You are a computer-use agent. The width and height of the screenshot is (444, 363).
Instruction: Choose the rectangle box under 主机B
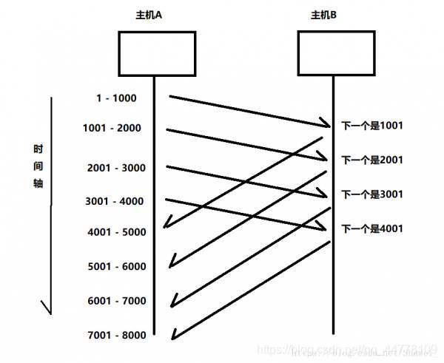(334, 52)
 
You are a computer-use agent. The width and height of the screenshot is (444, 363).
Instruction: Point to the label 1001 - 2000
(112, 128)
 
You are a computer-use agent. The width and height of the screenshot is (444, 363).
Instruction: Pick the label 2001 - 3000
(115, 168)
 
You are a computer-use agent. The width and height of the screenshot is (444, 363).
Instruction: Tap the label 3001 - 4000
(115, 201)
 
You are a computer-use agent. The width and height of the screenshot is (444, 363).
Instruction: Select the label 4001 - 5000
(116, 232)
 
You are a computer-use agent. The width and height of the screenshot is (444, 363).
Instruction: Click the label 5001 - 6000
(116, 266)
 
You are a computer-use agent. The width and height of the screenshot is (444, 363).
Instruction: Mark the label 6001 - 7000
(116, 301)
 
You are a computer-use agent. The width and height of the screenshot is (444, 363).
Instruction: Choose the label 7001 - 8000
(116, 336)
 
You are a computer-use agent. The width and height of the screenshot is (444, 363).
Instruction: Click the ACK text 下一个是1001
(371, 126)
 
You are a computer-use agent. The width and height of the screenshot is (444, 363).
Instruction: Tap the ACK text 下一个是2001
(371, 160)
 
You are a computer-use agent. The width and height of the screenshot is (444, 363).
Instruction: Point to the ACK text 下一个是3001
(371, 194)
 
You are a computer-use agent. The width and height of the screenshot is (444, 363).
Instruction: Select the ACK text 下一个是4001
(371, 228)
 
